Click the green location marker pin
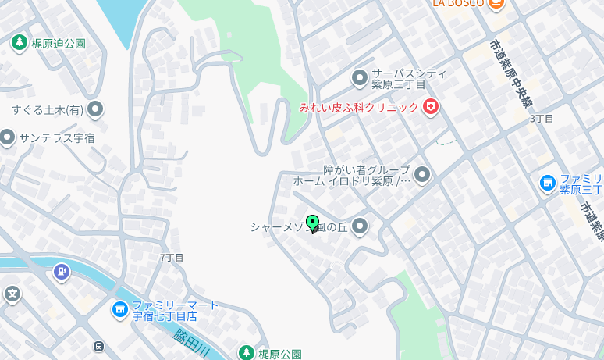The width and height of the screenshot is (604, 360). (x=313, y=223)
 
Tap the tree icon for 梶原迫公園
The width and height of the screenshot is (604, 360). (x=20, y=42)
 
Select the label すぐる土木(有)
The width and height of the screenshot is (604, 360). (x=47, y=109)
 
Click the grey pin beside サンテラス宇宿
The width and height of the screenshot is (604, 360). (x=7, y=138)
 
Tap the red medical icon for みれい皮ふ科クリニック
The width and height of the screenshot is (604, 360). (x=430, y=107)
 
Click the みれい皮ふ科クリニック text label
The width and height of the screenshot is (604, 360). (x=359, y=107)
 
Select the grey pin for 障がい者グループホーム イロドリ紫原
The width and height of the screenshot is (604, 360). (x=422, y=175)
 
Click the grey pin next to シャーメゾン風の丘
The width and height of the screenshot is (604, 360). (x=360, y=227)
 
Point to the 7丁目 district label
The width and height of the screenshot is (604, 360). (x=172, y=257)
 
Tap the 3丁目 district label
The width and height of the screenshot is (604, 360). (x=542, y=119)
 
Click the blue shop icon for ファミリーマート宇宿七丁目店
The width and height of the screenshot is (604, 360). (x=119, y=310)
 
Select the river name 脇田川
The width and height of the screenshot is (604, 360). (x=192, y=342)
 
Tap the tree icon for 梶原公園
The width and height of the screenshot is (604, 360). (x=247, y=354)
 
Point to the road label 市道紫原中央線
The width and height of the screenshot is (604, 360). (x=512, y=74)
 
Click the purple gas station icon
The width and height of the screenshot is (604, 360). (x=61, y=272)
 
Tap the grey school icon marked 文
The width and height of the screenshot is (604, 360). (x=12, y=294)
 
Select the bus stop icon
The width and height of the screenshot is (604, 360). (x=98, y=346)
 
